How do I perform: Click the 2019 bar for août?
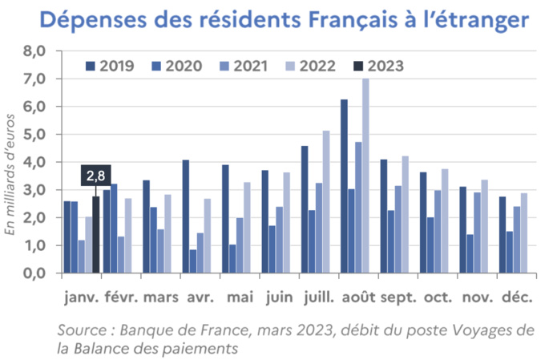tap(344, 186)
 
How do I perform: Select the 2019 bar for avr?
tap(186, 216)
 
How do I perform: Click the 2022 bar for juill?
tap(326, 201)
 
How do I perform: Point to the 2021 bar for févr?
tap(120, 254)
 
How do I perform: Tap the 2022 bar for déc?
tap(524, 233)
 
